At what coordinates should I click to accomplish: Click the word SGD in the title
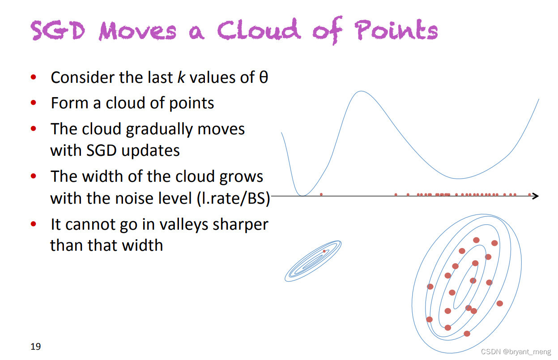[58, 30]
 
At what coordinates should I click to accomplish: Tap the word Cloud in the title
[259, 30]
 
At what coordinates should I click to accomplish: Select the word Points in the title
[396, 30]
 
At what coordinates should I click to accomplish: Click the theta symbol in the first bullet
[264, 77]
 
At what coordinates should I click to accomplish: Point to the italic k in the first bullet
[181, 77]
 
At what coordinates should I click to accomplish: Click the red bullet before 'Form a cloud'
[34, 103]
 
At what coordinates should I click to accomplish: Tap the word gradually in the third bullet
[159, 130]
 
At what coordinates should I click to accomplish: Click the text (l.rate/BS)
[234, 199]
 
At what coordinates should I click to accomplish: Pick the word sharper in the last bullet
[241, 225]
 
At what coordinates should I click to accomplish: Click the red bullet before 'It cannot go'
[34, 223]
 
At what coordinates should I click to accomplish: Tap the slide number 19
[36, 346]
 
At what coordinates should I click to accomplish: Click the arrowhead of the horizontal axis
[535, 196]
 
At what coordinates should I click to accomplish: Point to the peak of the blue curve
[361, 91]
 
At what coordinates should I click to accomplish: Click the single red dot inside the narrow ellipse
[324, 251]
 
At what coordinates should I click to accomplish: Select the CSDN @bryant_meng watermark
[516, 351]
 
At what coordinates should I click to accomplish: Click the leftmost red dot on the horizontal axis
[321, 194]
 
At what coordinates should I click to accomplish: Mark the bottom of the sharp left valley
[302, 196]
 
